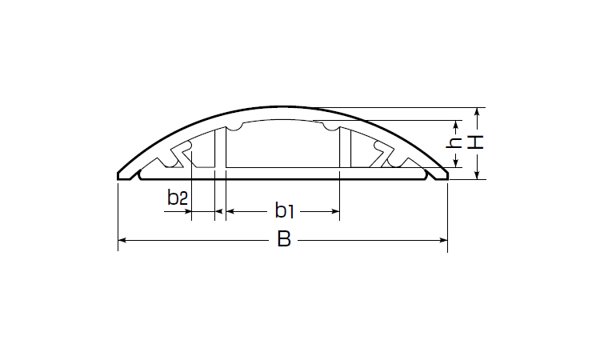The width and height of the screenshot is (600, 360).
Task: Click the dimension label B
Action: [284, 239]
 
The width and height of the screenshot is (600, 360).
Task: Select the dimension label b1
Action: [284, 210]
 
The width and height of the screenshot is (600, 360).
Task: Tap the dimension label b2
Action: [178, 198]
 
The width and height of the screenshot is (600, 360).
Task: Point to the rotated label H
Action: [476, 142]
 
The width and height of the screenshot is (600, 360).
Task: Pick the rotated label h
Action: [454, 142]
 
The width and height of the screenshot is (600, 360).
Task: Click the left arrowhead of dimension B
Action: [122, 240]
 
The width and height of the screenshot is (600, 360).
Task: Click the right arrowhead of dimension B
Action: [443, 240]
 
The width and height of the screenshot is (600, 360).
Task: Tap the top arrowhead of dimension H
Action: [477, 112]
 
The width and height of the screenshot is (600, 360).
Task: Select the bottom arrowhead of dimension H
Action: [477, 175]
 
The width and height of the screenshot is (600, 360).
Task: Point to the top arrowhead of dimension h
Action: [455, 125]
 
